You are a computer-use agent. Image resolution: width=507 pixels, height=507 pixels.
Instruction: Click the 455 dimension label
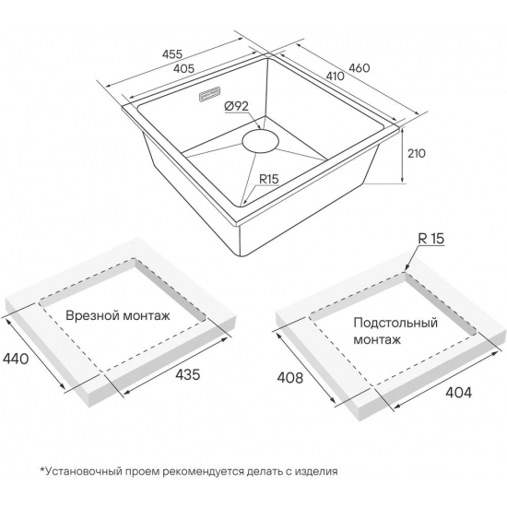click(172, 53)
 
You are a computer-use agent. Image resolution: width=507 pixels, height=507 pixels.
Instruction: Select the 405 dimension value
click(183, 68)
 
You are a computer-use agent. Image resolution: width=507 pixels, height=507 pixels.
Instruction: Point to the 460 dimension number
click(359, 68)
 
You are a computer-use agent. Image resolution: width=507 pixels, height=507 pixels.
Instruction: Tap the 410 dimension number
click(335, 77)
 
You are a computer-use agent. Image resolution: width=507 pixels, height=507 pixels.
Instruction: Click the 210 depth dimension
click(416, 153)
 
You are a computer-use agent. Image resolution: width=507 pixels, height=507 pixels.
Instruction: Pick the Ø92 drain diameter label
click(236, 106)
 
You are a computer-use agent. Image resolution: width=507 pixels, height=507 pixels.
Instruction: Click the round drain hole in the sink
click(260, 141)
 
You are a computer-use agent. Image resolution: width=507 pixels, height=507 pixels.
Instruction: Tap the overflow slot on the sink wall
click(209, 94)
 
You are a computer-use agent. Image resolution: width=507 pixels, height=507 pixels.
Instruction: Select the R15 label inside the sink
click(269, 179)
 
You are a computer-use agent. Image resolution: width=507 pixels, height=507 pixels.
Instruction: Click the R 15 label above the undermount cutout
click(431, 239)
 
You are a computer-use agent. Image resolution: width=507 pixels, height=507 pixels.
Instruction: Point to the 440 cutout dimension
click(15, 359)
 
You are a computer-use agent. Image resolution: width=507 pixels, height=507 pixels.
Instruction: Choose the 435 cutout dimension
click(187, 374)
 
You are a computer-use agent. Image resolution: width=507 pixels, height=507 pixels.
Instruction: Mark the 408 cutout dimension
click(290, 377)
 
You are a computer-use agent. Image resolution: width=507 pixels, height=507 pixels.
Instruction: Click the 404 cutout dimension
click(458, 392)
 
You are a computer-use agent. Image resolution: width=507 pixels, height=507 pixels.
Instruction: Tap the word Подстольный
click(395, 323)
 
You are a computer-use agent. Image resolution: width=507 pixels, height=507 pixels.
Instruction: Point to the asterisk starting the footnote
click(42, 469)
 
